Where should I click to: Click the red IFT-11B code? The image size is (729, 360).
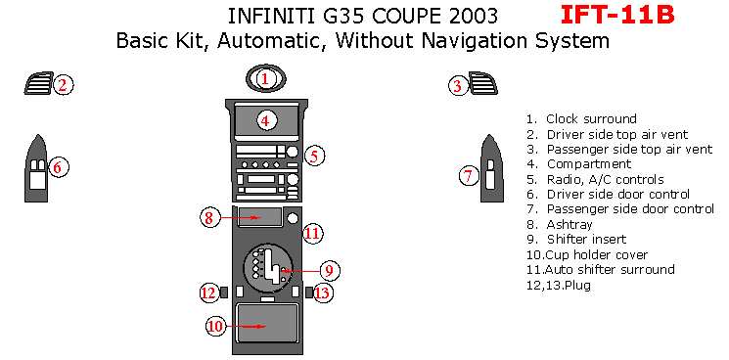617,15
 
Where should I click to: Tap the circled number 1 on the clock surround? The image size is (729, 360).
265,79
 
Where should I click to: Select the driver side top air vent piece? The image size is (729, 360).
38,83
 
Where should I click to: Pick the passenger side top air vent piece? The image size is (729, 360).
483,83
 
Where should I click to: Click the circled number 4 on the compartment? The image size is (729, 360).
265,121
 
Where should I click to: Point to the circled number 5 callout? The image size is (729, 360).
314,157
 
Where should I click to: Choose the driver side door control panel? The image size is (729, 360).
36,168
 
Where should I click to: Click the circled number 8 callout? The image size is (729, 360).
209,217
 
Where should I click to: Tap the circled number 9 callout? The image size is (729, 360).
329,271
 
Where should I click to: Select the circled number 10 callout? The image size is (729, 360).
215,326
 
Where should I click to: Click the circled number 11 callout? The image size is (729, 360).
313,234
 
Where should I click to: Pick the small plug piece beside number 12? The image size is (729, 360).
224,292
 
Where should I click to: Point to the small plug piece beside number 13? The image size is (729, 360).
309,292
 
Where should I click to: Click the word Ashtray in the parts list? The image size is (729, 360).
570,225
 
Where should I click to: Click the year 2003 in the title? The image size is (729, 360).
474,16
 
